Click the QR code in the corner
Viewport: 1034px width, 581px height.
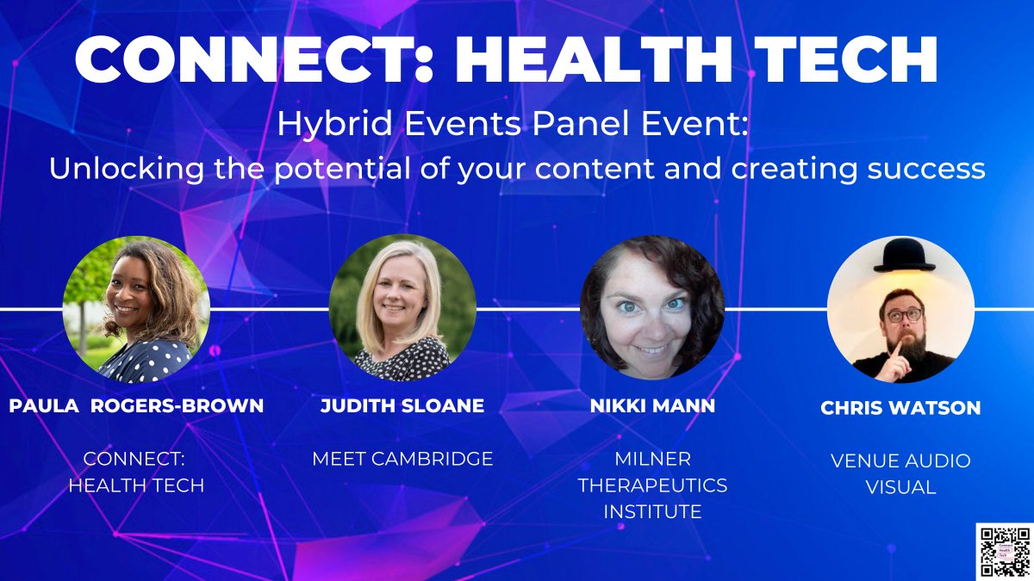pos(1004,551)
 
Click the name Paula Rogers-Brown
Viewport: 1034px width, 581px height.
pos(136,405)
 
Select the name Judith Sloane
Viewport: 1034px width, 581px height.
pos(402,405)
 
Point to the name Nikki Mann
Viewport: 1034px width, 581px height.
pos(652,405)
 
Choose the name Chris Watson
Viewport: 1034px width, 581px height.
pos(900,408)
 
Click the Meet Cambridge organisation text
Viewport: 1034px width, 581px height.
pos(402,459)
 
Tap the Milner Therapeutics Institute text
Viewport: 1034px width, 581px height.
pos(652,485)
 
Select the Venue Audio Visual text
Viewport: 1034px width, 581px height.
pos(900,473)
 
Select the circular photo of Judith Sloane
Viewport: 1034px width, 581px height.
pos(402,308)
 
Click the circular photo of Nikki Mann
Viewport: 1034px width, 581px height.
pos(652,308)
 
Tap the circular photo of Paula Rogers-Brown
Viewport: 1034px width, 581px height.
pos(136,308)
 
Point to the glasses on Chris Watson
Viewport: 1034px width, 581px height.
pos(904,315)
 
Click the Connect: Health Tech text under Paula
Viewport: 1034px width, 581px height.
pos(136,472)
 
